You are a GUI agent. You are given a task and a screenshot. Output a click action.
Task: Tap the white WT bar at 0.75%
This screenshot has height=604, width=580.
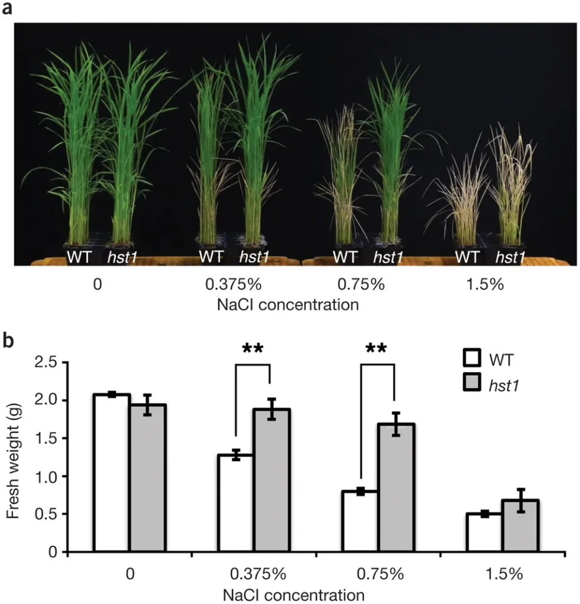[x=360, y=521]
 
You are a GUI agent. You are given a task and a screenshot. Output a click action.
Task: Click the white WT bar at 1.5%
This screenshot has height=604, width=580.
[x=485, y=533]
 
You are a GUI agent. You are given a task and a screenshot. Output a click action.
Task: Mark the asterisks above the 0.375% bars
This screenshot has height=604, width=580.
[x=253, y=349]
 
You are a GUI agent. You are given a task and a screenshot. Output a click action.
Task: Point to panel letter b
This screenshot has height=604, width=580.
[x=11, y=342]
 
